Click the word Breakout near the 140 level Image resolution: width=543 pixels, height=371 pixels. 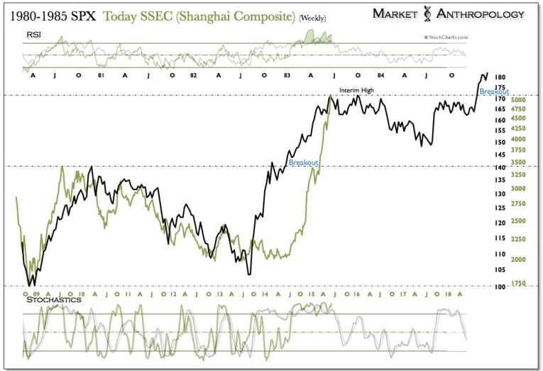click(x=303, y=162)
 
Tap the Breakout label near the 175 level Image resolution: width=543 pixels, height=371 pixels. click(x=493, y=92)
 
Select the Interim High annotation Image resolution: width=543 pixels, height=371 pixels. click(x=356, y=90)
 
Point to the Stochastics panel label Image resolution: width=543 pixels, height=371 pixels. click(x=53, y=299)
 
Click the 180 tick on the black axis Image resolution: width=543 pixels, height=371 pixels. click(x=500, y=77)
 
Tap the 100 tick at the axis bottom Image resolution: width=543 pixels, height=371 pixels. click(x=499, y=286)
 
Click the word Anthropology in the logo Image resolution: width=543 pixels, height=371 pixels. click(x=486, y=14)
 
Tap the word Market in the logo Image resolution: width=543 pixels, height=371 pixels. click(x=402, y=14)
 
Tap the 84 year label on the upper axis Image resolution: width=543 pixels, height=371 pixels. click(x=381, y=74)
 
